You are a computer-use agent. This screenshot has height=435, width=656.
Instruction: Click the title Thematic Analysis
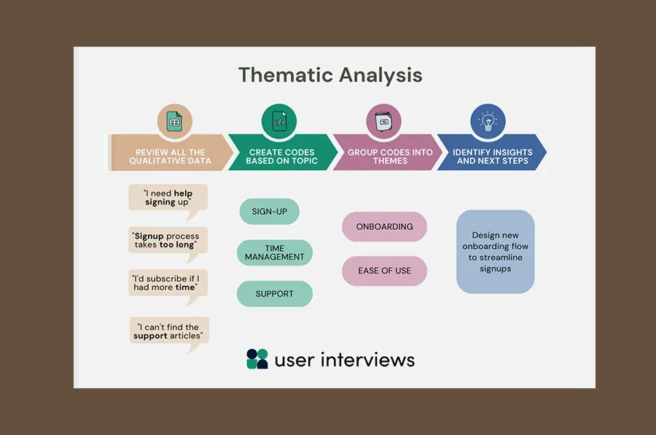(330, 75)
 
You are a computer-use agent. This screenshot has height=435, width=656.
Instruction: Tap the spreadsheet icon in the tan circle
(174, 122)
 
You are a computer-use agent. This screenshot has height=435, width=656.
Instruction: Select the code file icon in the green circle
(279, 122)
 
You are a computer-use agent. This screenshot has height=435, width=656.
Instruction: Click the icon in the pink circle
(383, 122)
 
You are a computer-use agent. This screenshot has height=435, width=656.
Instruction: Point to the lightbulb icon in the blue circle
(488, 122)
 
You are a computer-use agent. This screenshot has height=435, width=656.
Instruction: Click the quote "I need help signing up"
(168, 197)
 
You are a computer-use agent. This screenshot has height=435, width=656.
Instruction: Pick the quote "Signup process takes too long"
(168, 240)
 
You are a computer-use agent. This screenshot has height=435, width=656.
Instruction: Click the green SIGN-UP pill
(269, 212)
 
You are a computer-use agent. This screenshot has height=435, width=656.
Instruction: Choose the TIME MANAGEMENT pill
(275, 253)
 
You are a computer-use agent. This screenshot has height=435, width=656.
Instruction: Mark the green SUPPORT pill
(275, 294)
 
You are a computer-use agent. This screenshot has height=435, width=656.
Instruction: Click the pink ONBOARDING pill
(384, 227)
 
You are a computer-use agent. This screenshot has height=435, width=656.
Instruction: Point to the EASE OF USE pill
(384, 271)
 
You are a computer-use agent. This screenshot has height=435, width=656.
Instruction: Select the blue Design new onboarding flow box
(495, 252)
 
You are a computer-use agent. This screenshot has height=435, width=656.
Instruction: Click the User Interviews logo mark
(257, 359)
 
